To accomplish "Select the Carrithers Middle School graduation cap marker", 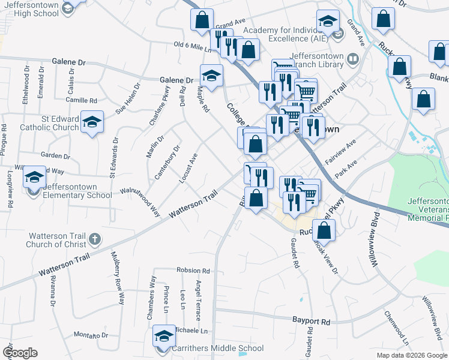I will pos(164,337).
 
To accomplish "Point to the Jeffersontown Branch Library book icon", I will pos(352,59).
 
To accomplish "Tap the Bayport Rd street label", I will pos(311,322).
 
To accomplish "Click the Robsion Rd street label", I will pos(193,271).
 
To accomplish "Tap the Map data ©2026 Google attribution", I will pos(411,355).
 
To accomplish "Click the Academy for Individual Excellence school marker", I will pos(328,22).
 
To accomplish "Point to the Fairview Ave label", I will pos(340,152).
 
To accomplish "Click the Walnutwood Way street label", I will pos(142,200).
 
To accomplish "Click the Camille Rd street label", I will pos(82,101).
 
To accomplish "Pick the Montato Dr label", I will pos(91,335).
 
